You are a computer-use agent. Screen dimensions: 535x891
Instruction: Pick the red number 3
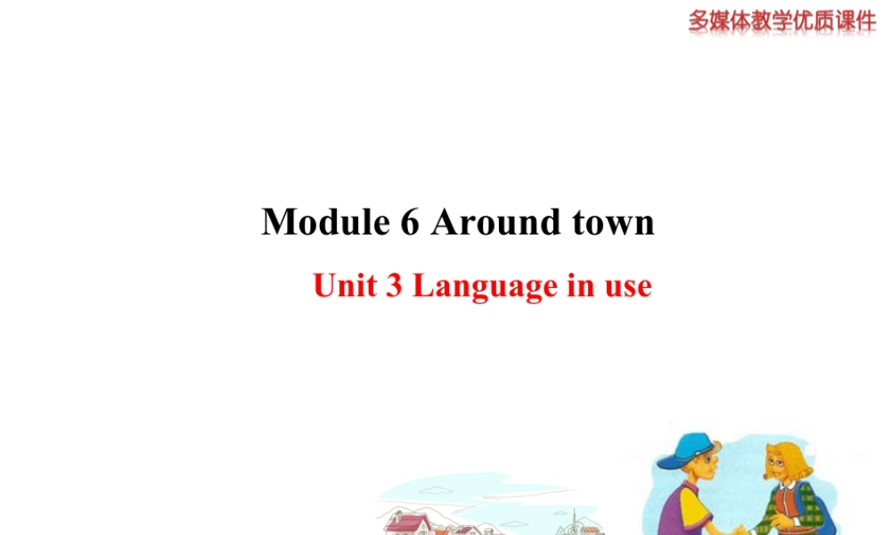click(393, 286)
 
